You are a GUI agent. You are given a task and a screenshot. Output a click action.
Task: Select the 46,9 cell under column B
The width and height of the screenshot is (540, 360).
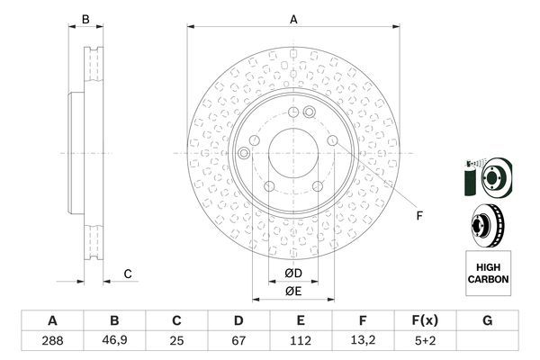[114, 342]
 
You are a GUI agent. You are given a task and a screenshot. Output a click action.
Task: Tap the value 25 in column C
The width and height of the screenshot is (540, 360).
[177, 342]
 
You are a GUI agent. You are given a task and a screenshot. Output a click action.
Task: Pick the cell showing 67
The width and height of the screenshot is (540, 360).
[239, 342]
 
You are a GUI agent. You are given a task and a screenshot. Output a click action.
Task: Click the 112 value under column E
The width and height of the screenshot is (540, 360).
[301, 342]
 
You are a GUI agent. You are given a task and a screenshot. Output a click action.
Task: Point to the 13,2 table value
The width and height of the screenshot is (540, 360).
[364, 342]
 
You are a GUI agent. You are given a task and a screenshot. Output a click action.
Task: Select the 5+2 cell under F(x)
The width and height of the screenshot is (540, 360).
[426, 342]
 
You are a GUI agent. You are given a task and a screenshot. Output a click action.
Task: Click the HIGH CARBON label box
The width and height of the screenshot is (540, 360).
[488, 273]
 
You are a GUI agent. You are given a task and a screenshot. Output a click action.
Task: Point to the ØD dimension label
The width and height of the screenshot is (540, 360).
[293, 274]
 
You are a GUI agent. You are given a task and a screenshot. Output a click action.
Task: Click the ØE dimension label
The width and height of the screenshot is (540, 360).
[293, 291]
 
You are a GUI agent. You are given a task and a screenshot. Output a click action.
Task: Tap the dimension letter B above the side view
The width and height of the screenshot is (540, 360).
[85, 18]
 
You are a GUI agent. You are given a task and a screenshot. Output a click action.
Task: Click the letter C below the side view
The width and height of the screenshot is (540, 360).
[128, 274]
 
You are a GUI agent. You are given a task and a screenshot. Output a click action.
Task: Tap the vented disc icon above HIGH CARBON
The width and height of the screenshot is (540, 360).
[487, 225]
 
